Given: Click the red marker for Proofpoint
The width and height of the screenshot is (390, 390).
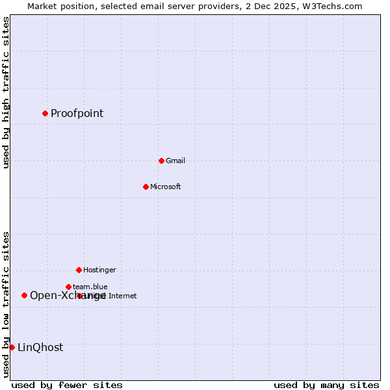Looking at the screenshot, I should click(x=45, y=113).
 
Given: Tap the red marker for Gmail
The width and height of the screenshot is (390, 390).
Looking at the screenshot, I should click(x=161, y=161).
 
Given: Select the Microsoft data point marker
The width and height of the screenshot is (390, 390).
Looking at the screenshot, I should click(x=146, y=187).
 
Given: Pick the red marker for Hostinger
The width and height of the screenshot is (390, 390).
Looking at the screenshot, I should click(x=79, y=270).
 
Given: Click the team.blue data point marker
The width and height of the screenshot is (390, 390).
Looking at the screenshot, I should click(x=68, y=287).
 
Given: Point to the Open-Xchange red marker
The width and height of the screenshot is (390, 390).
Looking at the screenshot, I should click(x=24, y=295).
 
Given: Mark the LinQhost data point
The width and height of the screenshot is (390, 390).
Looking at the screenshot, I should click(x=12, y=347).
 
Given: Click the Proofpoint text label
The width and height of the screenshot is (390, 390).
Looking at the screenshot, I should click(x=77, y=114).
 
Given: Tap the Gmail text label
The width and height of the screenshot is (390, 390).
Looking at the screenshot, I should click(x=175, y=161).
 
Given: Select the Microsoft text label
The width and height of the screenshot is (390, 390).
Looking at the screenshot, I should click(x=165, y=187).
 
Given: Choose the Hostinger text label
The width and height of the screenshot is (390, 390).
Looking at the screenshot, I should click(x=99, y=270).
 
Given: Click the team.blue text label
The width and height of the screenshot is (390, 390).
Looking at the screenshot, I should click(x=90, y=287).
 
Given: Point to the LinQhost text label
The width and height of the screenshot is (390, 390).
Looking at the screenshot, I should click(x=40, y=348).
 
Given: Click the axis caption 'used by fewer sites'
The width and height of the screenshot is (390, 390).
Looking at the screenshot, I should click(x=67, y=385).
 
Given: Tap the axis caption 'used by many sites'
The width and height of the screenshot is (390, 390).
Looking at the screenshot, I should click(x=326, y=385).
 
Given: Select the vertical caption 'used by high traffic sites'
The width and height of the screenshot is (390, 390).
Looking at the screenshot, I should click(x=6, y=92).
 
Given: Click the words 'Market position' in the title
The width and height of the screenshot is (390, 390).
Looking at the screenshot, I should click(x=58, y=6).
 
